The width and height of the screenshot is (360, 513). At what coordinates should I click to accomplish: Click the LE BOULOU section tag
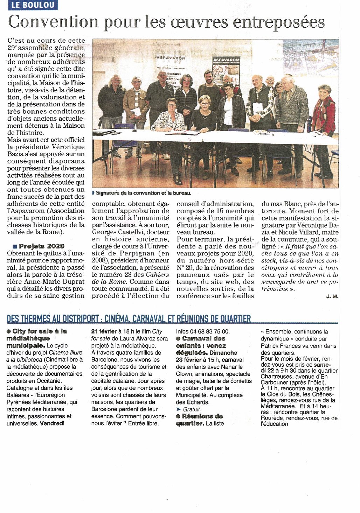(33, 5)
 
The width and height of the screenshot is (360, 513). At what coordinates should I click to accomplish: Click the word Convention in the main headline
(52, 22)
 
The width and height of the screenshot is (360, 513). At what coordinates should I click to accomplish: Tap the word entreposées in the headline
(279, 22)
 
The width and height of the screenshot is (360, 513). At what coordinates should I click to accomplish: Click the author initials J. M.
(332, 296)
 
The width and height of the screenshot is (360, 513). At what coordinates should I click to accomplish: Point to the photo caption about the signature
(144, 193)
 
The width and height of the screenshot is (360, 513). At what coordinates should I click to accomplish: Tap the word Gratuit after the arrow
(192, 409)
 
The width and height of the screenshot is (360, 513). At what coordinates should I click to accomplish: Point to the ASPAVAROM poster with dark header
(226, 70)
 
